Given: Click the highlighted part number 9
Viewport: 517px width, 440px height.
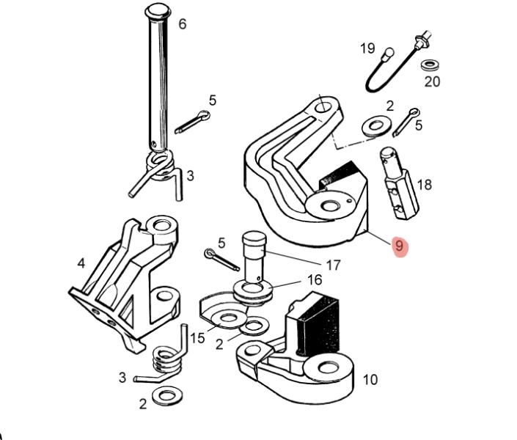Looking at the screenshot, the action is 399,246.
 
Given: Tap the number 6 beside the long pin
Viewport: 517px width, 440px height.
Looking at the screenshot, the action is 183,24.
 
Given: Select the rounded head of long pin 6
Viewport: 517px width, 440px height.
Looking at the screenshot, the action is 158,12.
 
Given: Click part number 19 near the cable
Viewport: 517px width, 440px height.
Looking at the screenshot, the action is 367,48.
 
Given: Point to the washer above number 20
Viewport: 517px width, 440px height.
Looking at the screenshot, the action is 430,65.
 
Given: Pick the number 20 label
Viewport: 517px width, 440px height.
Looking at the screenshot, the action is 432,81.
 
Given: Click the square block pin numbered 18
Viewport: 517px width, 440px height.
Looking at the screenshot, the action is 399,183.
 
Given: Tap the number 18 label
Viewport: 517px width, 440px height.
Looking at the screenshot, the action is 425,185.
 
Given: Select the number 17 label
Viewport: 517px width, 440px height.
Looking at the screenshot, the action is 333,265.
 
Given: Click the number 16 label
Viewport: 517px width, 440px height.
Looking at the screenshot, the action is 315,280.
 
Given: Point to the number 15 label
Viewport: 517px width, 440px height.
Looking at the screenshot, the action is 197,338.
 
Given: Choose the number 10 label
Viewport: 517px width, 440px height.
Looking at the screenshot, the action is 370,380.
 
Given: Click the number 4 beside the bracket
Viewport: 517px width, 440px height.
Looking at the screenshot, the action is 81,263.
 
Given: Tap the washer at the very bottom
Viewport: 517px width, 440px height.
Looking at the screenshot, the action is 167,395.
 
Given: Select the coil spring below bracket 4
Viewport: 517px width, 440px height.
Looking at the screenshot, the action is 164,359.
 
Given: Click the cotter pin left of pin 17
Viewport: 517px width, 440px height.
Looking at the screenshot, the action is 221,260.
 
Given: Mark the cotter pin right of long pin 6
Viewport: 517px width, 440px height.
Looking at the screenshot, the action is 193,122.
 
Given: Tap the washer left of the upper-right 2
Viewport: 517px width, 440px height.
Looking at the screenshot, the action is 376,126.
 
